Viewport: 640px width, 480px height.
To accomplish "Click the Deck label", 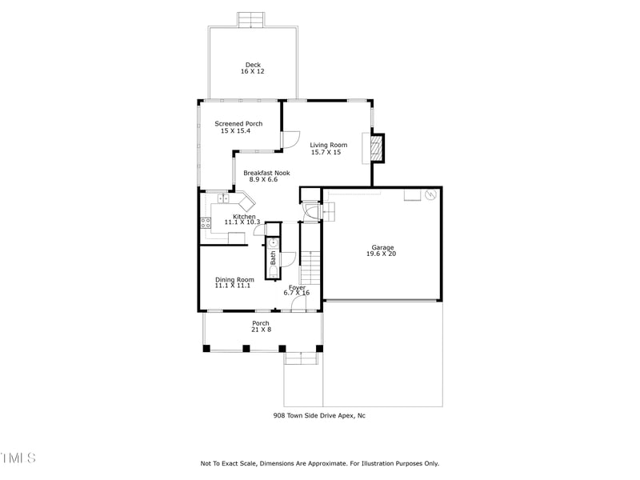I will tap(252, 65).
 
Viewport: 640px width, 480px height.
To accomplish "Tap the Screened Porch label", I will tap(238, 124).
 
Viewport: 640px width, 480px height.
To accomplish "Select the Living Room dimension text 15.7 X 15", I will tap(326, 152).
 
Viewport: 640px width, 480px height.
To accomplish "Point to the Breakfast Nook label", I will tap(266, 173).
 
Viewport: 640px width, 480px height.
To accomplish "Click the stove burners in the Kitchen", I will tap(206, 223).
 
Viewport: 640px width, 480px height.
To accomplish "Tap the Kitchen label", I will tap(244, 217).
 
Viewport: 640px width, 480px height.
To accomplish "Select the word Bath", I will tap(273, 258).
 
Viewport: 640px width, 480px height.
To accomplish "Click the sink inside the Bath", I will tap(273, 243).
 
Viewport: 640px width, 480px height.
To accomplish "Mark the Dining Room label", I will tap(234, 279).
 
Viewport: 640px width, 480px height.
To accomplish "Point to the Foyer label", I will tap(297, 286).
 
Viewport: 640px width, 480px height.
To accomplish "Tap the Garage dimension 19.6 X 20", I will tap(382, 254).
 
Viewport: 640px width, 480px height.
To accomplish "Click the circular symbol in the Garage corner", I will tap(430, 194).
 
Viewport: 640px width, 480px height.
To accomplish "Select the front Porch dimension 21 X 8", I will tap(261, 330).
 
